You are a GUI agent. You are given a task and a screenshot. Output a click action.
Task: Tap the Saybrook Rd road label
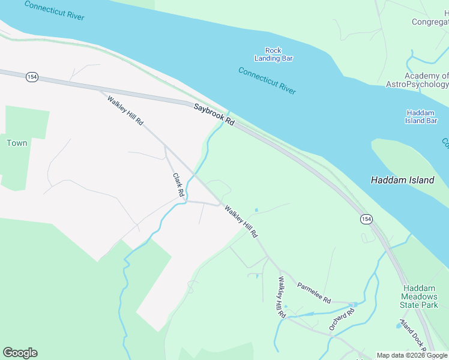214,114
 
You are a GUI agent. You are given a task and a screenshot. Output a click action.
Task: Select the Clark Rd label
178,186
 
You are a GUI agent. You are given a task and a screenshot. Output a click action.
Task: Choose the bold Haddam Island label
402,180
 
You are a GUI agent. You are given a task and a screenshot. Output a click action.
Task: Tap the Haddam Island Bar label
421,116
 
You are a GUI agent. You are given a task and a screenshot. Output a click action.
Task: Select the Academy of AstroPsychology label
426,80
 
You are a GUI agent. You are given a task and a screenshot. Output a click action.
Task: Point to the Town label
17,143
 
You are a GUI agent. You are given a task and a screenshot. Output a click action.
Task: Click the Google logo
20,353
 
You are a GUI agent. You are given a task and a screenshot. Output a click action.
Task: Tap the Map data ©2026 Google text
412,355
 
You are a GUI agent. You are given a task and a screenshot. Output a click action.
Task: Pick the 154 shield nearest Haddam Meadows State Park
366,220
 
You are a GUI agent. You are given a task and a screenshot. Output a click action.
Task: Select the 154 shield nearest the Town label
32,77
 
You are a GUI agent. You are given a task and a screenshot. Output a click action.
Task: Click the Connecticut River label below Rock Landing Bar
267,80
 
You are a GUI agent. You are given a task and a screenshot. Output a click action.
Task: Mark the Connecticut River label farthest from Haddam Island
55,10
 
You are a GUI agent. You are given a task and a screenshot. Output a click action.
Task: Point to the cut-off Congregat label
430,22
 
